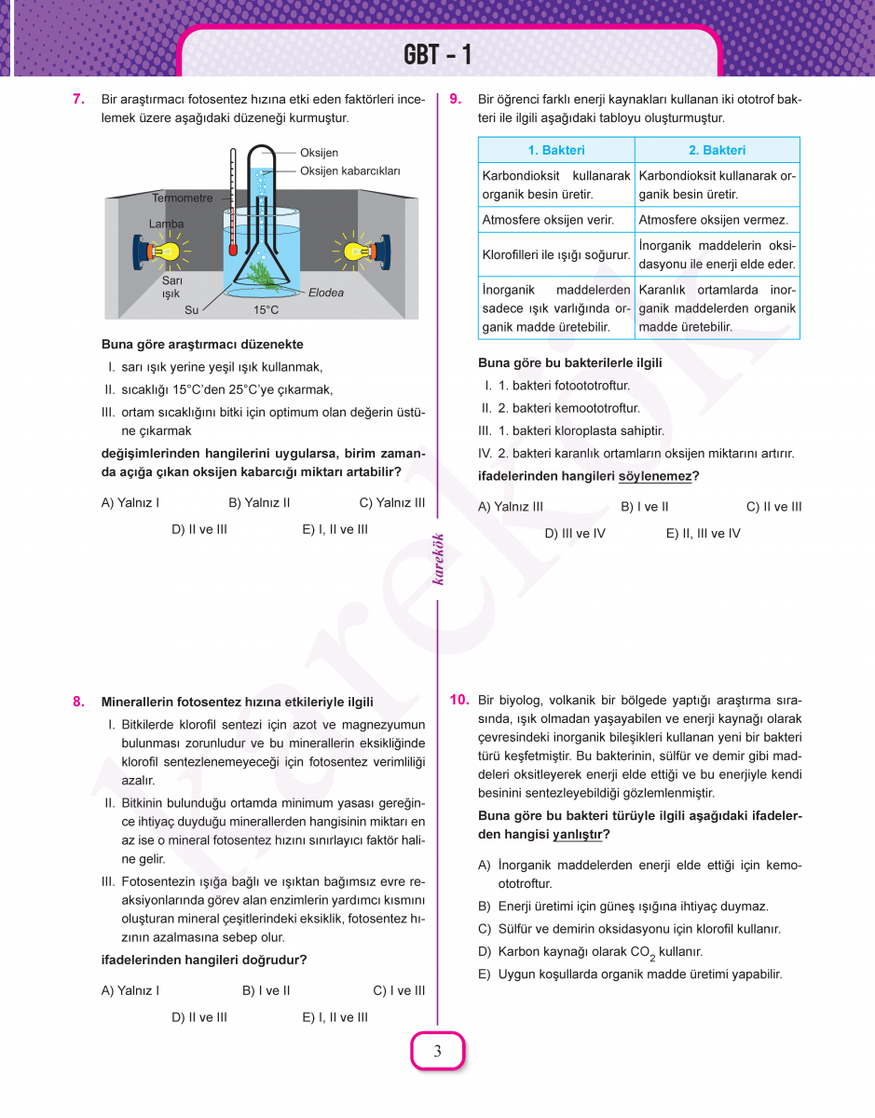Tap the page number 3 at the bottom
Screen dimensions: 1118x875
point(437,1053)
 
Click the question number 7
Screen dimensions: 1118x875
point(79,99)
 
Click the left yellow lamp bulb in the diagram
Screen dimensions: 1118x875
point(165,251)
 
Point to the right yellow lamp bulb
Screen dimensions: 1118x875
point(354,251)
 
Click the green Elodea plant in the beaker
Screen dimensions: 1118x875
point(262,274)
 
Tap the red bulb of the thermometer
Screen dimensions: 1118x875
point(231,251)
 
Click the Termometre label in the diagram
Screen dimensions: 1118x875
point(182,198)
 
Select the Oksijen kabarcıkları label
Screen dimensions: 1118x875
point(349,171)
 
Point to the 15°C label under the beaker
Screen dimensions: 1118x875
point(266,310)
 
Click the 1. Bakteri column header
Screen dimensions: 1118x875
point(556,150)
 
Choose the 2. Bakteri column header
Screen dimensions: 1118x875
point(717,150)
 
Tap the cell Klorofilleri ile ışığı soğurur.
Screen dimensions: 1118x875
point(556,254)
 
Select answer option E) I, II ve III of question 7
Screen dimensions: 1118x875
point(335,529)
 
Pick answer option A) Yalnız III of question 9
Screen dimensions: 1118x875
point(510,507)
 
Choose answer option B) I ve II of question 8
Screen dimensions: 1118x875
point(266,991)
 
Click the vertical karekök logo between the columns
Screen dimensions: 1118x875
point(437,559)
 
